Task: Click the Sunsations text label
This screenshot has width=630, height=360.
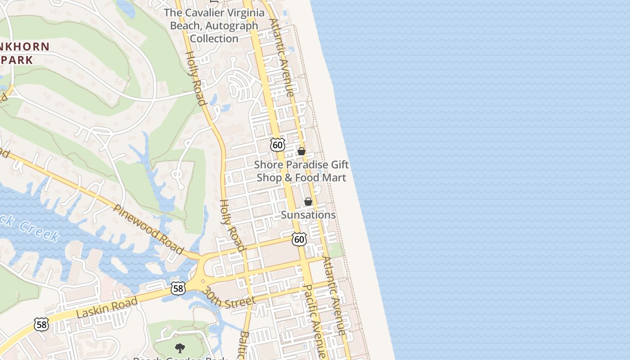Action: [308, 215]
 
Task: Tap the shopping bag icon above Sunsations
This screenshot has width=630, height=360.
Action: [308, 202]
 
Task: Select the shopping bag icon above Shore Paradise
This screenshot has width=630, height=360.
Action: [301, 152]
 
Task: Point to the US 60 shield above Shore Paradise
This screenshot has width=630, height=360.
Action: [278, 144]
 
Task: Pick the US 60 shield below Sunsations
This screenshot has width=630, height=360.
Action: [299, 239]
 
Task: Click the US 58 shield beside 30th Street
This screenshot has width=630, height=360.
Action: [178, 288]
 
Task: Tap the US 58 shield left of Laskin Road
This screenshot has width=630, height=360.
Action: [41, 324]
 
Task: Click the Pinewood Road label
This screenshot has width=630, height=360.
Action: [148, 229]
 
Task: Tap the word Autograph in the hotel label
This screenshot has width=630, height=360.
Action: [230, 26]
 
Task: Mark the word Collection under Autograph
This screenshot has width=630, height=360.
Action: [214, 39]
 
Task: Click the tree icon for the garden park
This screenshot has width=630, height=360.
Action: [180, 348]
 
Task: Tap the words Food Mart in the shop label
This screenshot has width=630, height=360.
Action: [321, 178]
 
